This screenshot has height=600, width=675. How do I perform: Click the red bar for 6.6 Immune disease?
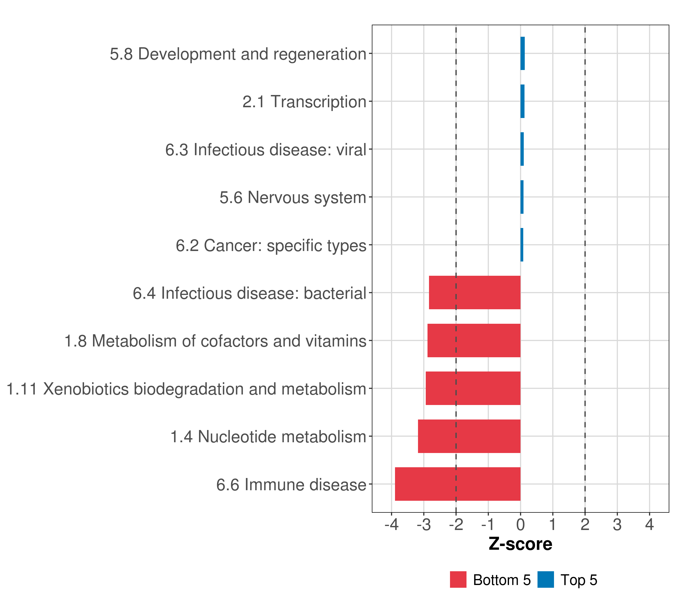pyautogui.click(x=457, y=484)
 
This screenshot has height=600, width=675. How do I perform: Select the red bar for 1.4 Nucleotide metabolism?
pyautogui.click(x=469, y=436)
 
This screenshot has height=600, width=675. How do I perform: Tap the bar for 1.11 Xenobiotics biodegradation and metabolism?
pyautogui.click(x=473, y=388)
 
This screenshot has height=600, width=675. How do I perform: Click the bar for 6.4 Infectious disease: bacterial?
pyautogui.click(x=474, y=292)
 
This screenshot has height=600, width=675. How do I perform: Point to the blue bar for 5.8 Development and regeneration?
pyautogui.click(x=522, y=53)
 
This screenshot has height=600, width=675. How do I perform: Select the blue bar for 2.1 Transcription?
pyautogui.click(x=522, y=101)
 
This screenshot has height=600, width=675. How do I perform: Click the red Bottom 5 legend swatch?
pyautogui.click(x=458, y=579)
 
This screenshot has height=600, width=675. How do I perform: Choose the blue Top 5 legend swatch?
pyautogui.click(x=545, y=579)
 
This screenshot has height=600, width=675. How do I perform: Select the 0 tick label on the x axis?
pyautogui.click(x=520, y=524)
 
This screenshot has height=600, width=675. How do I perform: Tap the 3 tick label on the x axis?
pyautogui.click(x=617, y=524)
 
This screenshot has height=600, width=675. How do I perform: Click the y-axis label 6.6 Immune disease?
pyautogui.click(x=291, y=485)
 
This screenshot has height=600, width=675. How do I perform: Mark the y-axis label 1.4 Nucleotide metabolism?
pyautogui.click(x=268, y=436)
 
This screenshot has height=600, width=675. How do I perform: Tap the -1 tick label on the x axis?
pyautogui.click(x=488, y=524)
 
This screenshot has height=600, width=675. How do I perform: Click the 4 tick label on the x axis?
pyautogui.click(x=649, y=524)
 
